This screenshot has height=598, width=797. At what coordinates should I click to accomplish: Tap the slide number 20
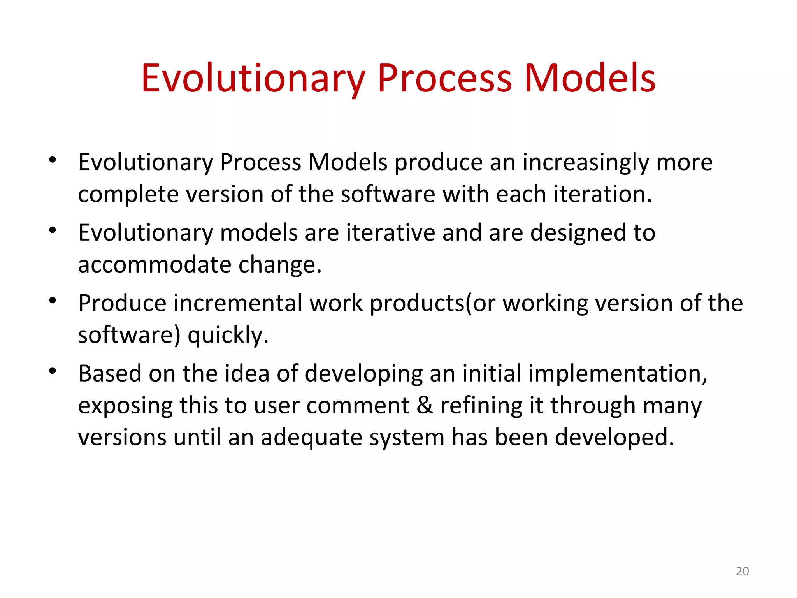click(x=742, y=571)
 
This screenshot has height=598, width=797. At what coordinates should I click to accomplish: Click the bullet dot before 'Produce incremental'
click(x=53, y=301)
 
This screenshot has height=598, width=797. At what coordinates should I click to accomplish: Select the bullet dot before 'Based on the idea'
click(x=53, y=371)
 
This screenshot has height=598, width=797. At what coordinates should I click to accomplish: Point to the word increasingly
click(x=585, y=163)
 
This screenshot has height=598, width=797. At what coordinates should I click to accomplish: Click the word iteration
click(x=602, y=194)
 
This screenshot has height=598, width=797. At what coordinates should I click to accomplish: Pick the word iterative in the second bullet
click(x=390, y=233)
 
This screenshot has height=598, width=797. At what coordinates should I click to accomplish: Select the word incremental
click(x=237, y=303)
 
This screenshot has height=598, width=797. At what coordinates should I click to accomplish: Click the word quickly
click(x=228, y=336)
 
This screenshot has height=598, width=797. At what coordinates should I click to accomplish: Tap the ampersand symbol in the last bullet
click(x=425, y=405)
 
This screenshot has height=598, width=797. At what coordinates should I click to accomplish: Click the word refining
click(x=481, y=406)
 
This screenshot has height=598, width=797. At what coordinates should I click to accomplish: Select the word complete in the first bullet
click(x=128, y=195)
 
